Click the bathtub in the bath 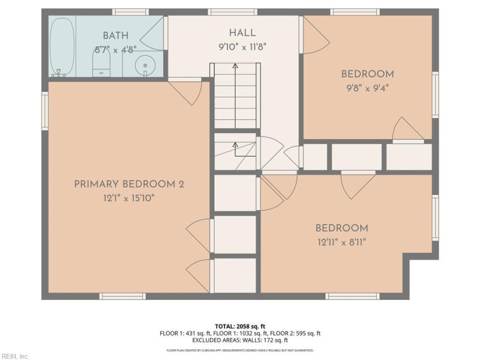point(62,46)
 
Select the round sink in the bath point(145,65)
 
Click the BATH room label point(115,36)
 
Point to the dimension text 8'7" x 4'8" point(115,50)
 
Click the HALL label point(242,33)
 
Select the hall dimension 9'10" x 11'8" point(242,46)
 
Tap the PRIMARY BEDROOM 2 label point(128,184)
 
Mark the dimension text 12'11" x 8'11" point(341,242)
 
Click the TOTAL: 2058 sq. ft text point(240,326)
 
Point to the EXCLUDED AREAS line point(240,340)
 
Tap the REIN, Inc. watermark point(15,356)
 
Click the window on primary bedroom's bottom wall point(122,296)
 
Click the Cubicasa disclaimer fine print point(240,350)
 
